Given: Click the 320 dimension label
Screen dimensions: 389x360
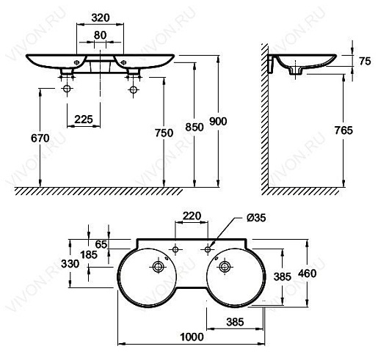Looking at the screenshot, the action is coord(101,18).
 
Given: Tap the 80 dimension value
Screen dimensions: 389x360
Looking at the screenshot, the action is coord(100,35).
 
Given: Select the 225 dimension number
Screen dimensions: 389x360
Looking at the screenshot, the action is coord(84,120).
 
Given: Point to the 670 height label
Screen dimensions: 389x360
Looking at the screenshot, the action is coord(40,138).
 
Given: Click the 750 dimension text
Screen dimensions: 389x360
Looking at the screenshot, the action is coord(164,133).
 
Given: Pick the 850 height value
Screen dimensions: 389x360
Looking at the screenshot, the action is coord(194,127).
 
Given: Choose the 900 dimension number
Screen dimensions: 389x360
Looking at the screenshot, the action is coord(218,122).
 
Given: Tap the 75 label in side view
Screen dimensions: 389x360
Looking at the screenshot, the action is coord(365,62).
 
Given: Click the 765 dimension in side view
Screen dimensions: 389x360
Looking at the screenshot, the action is coord(343,131).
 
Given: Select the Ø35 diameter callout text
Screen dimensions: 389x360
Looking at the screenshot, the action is coord(256,218).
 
